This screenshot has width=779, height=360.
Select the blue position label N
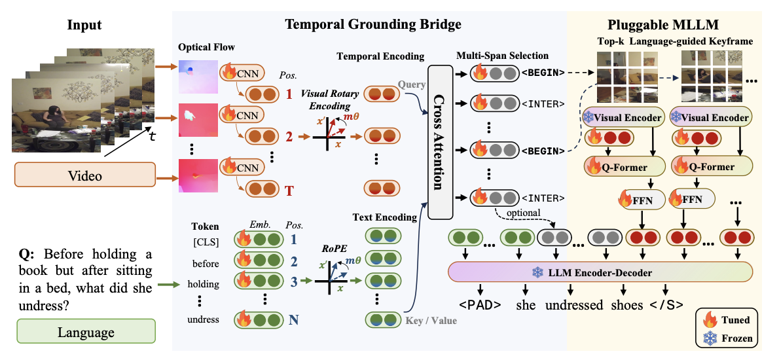(294, 319)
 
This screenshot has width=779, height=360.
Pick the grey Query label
(412, 84)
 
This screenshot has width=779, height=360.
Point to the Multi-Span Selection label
(502, 56)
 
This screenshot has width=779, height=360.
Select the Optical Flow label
(206, 47)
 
